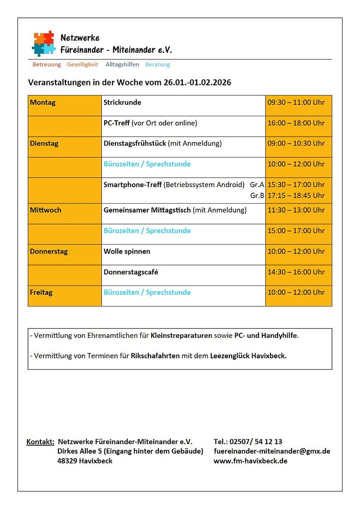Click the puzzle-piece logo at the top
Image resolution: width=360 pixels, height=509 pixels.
pyautogui.click(x=43, y=43)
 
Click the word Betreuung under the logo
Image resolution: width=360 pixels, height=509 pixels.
pyautogui.click(x=46, y=64)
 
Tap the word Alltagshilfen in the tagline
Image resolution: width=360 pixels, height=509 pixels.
pyautogui.click(x=122, y=64)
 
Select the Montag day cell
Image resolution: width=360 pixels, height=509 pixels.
pyautogui.click(x=43, y=103)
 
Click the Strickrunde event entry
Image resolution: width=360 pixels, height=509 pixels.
pyautogui.click(x=122, y=103)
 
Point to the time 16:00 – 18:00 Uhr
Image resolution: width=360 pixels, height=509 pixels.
pyautogui.click(x=296, y=123)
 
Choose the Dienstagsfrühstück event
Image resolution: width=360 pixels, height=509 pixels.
pyautogui.click(x=135, y=144)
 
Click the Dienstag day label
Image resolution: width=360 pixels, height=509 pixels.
pyautogui.click(x=44, y=144)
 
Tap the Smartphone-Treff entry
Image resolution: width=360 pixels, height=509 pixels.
pyautogui.click(x=132, y=185)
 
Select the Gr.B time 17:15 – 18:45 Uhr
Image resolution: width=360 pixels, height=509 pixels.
pyautogui.click(x=296, y=196)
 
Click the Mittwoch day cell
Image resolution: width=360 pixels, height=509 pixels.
pyautogui.click(x=45, y=210)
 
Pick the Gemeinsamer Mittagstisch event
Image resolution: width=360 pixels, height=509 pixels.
pyautogui.click(x=147, y=210)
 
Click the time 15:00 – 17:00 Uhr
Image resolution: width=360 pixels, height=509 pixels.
pyautogui.click(x=296, y=231)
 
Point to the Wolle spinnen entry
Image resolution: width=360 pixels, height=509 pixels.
pyautogui.click(x=127, y=252)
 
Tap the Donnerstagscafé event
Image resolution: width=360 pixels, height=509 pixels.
pyautogui.click(x=131, y=272)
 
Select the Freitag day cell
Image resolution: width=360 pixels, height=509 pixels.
pyautogui.click(x=41, y=292)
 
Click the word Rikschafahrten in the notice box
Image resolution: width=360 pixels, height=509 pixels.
pyautogui.click(x=155, y=356)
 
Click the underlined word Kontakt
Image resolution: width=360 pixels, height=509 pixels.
pyautogui.click(x=40, y=442)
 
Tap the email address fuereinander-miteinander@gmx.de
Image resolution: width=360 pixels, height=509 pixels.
pyautogui.click(x=272, y=451)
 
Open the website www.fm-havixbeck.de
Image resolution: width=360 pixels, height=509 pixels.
pyautogui.click(x=250, y=461)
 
